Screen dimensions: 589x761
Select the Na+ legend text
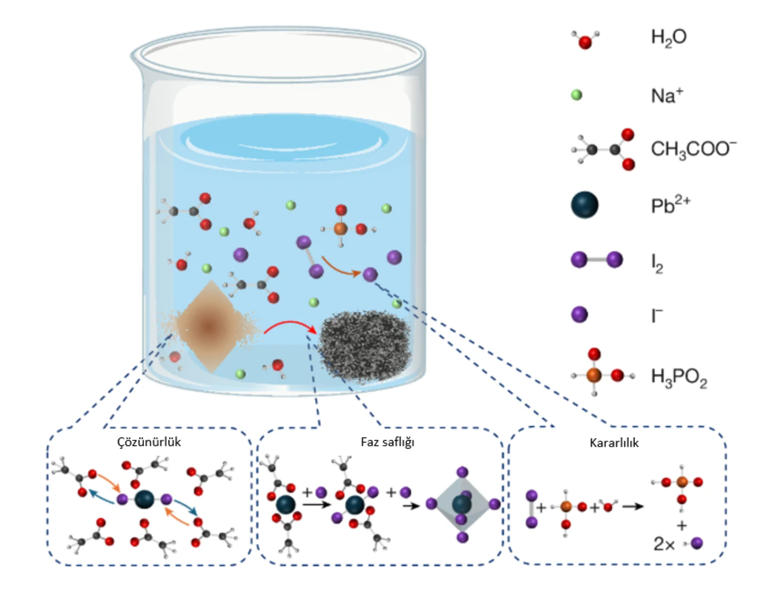[x=667, y=96]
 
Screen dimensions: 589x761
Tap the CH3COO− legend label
[x=693, y=150]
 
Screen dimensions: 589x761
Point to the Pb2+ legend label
[x=670, y=206]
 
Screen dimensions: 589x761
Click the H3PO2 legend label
[x=679, y=377]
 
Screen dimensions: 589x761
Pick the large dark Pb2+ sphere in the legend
[x=585, y=205]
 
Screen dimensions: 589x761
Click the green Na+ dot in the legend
[x=576, y=95]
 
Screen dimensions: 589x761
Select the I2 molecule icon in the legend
[x=596, y=260]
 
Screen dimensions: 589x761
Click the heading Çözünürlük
[x=149, y=442]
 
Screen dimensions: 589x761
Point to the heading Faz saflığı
[x=387, y=442]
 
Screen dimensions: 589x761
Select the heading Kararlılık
[x=614, y=443]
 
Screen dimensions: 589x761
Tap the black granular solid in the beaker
[x=365, y=346]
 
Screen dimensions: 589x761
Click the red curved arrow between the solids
[x=289, y=326]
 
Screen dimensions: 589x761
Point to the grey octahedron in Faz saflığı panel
[x=462, y=504]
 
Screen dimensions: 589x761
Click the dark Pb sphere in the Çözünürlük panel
[x=144, y=499]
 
